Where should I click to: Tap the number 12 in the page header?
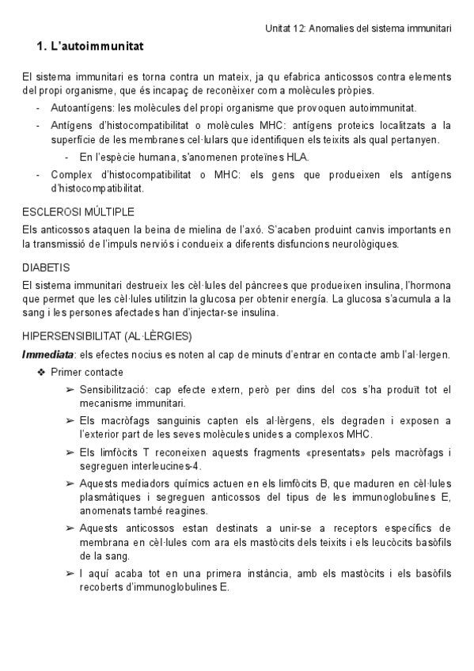click(x=297, y=28)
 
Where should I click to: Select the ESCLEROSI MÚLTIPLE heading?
click(x=78, y=212)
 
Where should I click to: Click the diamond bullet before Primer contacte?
click(x=41, y=372)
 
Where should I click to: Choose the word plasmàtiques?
click(x=117, y=498)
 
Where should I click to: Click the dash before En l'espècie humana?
click(x=68, y=157)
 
